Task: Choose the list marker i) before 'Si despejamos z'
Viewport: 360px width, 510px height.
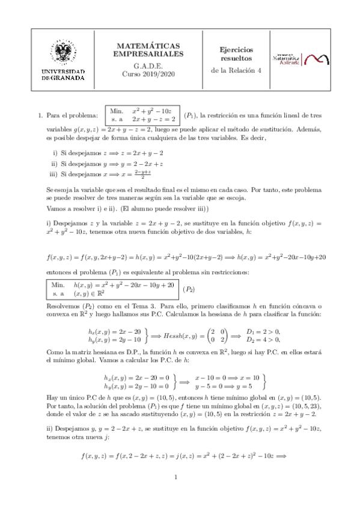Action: click(x=56, y=152)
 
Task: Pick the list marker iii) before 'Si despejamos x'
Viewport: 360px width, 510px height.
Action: click(x=54, y=174)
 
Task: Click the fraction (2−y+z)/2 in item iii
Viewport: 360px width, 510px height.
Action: click(x=142, y=174)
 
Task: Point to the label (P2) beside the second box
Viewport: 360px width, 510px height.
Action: click(x=189, y=289)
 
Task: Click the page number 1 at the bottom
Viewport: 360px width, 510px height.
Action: click(x=180, y=478)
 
